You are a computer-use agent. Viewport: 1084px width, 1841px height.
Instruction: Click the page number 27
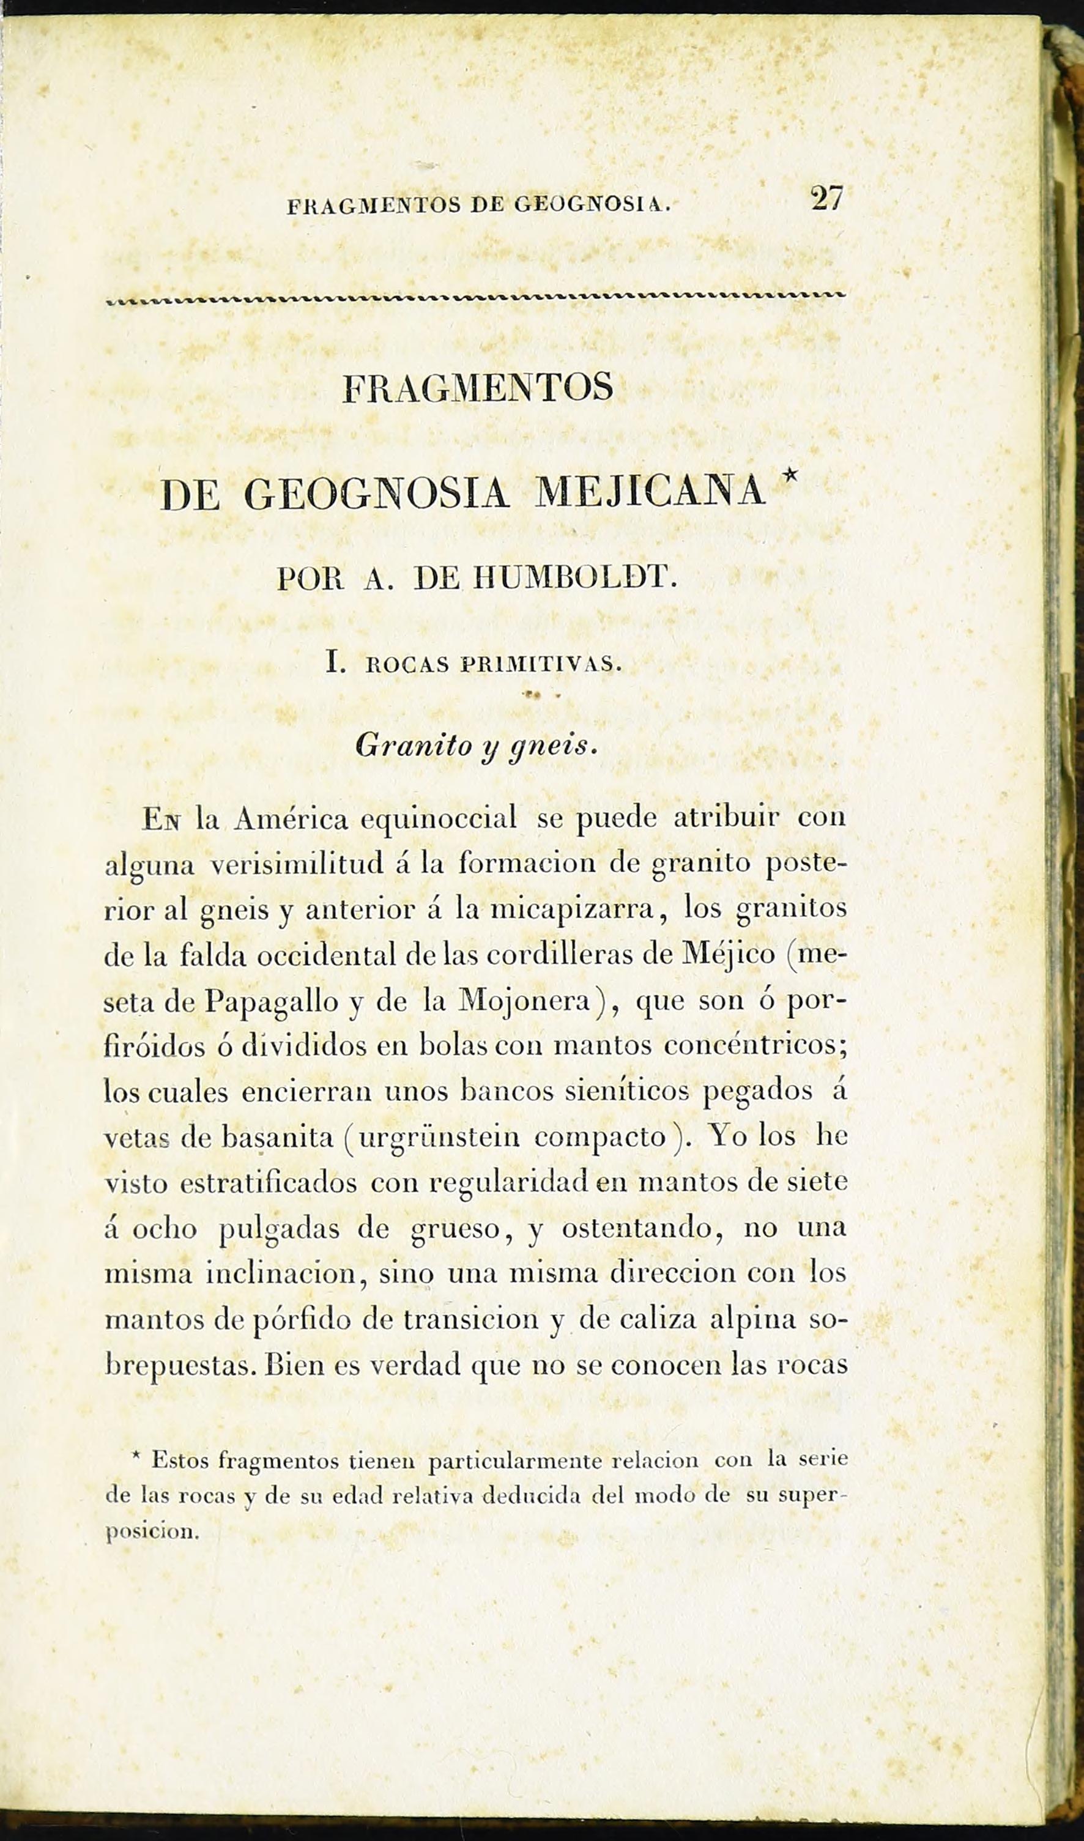click(827, 199)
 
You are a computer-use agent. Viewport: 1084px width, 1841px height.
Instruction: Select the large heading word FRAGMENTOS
click(478, 388)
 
